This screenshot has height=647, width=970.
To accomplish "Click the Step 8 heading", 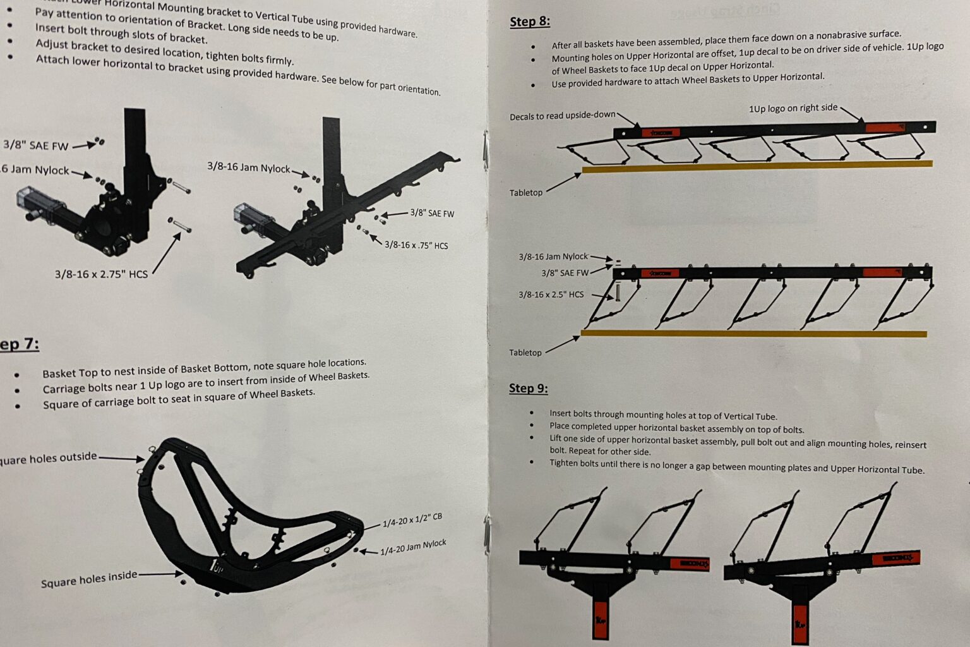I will click(x=529, y=22).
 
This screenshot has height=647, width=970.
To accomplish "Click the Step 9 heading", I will click(x=528, y=389).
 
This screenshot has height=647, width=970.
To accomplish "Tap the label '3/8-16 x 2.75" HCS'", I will click(x=101, y=274).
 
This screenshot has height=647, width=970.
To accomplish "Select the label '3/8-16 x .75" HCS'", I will click(x=416, y=245).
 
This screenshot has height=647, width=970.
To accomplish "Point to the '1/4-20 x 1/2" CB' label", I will click(x=412, y=520).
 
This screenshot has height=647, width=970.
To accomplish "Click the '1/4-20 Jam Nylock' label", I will click(x=413, y=547).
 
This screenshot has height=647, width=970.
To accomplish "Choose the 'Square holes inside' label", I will click(x=88, y=579).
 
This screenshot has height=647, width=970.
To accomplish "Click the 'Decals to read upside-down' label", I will click(x=562, y=116).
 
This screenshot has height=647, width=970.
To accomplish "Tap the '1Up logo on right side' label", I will click(x=793, y=109).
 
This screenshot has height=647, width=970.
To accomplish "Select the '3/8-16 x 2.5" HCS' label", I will click(x=551, y=294).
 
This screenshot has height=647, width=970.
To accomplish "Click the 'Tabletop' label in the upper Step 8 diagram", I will click(x=525, y=193).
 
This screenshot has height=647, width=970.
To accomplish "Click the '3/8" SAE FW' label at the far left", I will click(x=35, y=145).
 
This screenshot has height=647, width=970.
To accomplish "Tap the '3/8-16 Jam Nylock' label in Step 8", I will click(x=553, y=257).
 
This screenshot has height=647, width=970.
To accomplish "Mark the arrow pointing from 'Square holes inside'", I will click(x=160, y=574).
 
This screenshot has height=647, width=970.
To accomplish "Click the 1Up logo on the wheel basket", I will click(x=216, y=567).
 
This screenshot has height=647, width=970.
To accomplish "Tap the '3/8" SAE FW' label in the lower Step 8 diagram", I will click(x=565, y=273).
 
